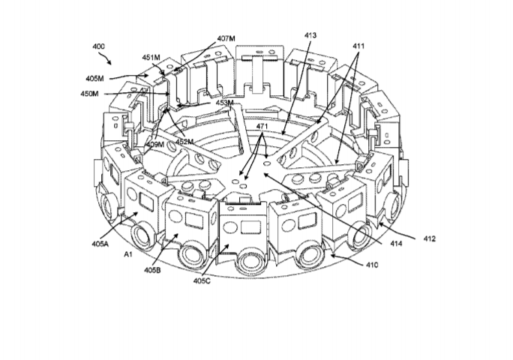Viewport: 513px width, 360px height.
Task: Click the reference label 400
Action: (98, 46)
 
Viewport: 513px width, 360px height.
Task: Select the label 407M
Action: (226, 38)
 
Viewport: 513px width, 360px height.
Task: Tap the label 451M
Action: (151, 58)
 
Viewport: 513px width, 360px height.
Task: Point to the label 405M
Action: (95, 79)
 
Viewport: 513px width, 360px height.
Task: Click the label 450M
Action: (90, 94)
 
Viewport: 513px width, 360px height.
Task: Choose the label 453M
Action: (225, 103)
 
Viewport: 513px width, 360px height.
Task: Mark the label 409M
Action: (155, 144)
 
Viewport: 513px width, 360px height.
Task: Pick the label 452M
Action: (184, 142)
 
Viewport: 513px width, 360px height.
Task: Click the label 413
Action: (310, 35)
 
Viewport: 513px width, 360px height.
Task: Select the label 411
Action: (358, 46)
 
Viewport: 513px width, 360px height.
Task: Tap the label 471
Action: (262, 126)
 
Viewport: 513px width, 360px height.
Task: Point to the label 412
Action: (430, 239)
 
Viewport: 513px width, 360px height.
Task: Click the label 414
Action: (396, 244)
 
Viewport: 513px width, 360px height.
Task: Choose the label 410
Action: (372, 265)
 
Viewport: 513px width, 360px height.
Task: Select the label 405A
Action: (100, 244)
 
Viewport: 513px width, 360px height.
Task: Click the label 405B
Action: (152, 270)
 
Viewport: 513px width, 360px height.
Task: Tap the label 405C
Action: (202, 280)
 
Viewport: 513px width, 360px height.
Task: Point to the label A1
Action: (128, 254)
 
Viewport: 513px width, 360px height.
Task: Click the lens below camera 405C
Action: (248, 261)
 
